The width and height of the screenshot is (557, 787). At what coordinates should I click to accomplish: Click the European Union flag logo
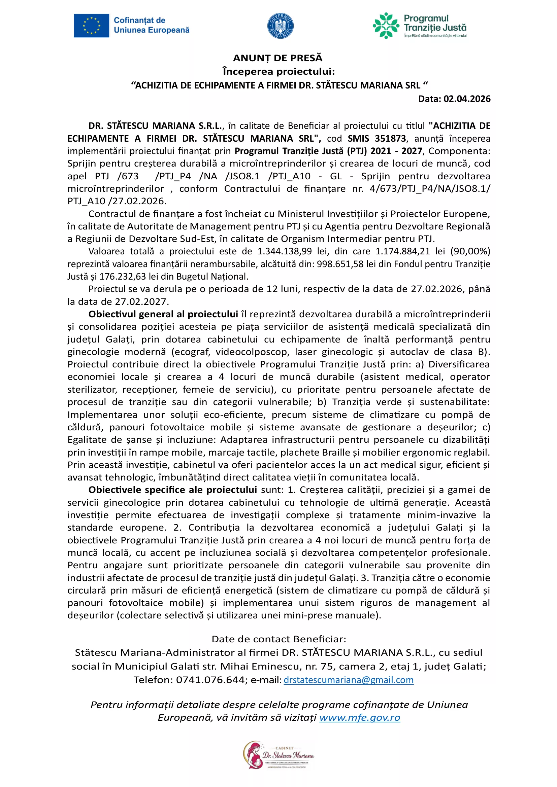pyautogui.click(x=91, y=25)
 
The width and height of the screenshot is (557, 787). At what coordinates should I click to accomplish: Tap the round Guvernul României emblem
pyautogui.click(x=280, y=26)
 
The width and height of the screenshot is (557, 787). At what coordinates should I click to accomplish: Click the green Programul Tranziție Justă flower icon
pyautogui.click(x=386, y=26)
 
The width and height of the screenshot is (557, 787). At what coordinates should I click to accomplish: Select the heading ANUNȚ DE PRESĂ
pyautogui.click(x=278, y=58)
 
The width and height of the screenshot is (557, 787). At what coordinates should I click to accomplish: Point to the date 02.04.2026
pyautogui.click(x=467, y=99)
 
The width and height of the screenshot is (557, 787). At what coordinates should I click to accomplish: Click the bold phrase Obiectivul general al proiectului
pyautogui.click(x=163, y=314)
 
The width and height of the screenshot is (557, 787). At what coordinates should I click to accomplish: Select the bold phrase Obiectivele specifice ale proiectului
pyautogui.click(x=172, y=490)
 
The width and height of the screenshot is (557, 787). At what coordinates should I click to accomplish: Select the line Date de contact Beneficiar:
pyautogui.click(x=279, y=639)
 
